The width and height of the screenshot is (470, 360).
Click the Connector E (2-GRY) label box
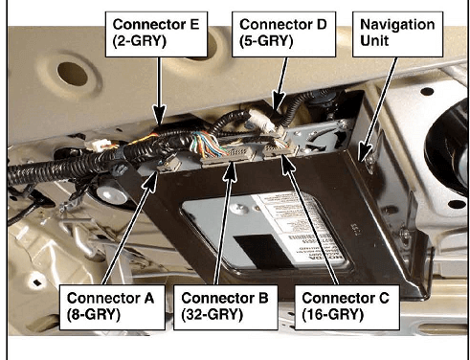pos(156,34)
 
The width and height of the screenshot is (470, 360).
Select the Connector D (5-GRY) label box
pos(283,34)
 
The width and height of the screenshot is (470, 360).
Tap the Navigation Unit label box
pos(397,34)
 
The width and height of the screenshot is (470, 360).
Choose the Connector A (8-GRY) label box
pos(112,307)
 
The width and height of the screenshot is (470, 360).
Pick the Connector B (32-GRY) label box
pos(226,307)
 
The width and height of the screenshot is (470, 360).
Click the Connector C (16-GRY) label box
pos(347,307)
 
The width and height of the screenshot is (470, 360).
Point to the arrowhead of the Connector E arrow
pos(159,116)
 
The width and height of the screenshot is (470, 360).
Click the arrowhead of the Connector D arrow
pos(278,101)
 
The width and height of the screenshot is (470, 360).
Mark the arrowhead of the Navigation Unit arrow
pos(363,152)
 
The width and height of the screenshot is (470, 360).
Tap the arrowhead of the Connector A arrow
pos(151,182)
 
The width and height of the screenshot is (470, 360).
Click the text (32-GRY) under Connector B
pos(213,315)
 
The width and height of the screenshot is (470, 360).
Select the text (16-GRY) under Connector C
pos(333,315)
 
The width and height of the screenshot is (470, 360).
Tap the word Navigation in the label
pos(397,25)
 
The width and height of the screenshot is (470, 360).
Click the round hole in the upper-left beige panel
pos(73,74)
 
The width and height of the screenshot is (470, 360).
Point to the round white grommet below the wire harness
pos(112,193)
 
